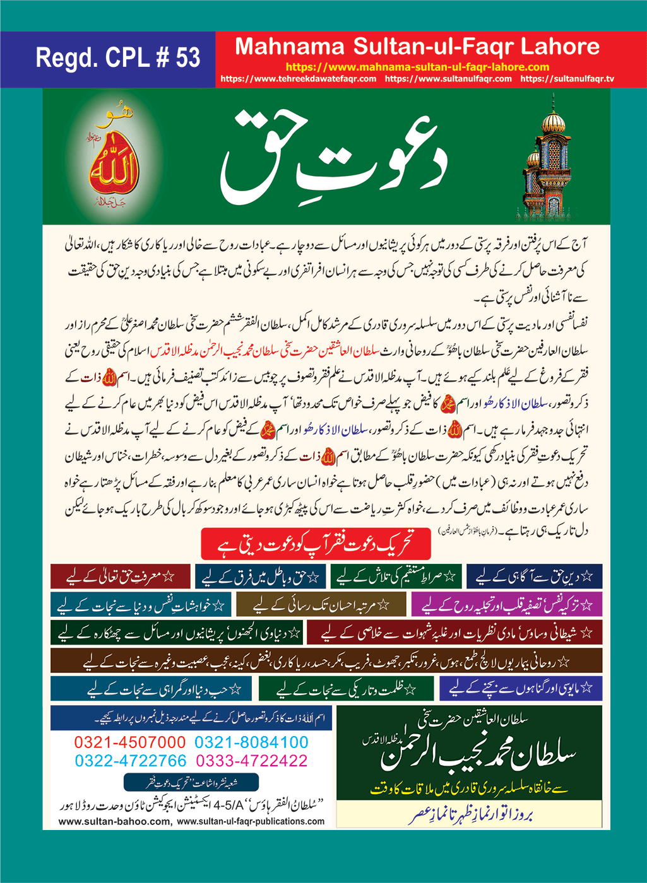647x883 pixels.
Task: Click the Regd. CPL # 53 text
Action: pos(117,58)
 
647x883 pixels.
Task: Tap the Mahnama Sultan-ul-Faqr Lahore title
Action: pos(417,47)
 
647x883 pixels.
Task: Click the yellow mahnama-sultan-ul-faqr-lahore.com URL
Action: pos(417,67)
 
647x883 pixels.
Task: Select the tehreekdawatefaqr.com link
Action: pos(299,79)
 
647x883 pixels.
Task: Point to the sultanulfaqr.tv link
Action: pos(567,79)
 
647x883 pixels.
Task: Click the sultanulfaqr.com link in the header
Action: pos(448,79)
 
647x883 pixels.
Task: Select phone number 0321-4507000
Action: pos(130,742)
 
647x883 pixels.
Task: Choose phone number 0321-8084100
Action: pos(251,742)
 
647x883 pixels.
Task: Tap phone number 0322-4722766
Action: pos(131,761)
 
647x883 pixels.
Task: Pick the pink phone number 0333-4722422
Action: pos(251,761)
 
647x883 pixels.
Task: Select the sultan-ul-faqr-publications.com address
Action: pos(251,822)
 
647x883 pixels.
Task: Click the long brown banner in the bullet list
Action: pos(326,662)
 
